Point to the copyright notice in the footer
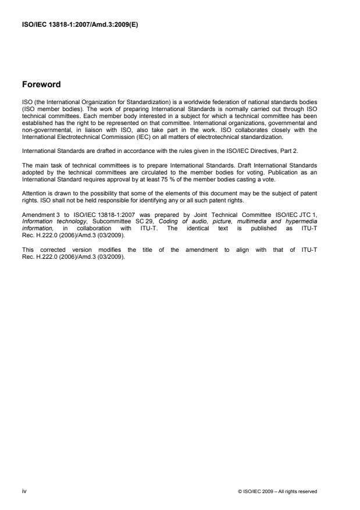click(x=277, y=491)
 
